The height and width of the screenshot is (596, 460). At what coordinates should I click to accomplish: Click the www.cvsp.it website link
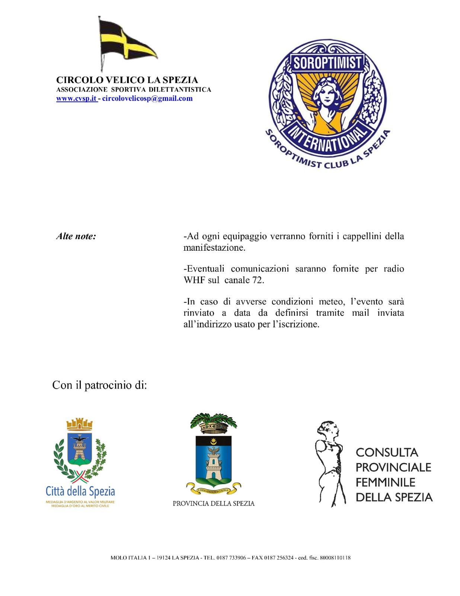click(x=76, y=99)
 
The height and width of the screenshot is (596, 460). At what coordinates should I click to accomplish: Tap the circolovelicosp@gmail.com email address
click(x=147, y=99)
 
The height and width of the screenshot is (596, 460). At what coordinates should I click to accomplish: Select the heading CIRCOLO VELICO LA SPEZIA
click(x=127, y=80)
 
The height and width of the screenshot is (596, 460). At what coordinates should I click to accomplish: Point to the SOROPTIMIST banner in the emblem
click(x=328, y=63)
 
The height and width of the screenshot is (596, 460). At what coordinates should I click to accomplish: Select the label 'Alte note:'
click(x=76, y=236)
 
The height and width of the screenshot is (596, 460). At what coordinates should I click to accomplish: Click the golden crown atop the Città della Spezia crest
click(x=79, y=424)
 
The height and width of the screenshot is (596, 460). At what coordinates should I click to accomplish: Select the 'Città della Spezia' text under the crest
click(x=80, y=491)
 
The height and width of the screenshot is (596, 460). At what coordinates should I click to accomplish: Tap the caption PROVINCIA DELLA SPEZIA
click(x=214, y=504)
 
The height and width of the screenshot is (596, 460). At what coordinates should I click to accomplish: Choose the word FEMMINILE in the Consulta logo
click(x=385, y=482)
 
